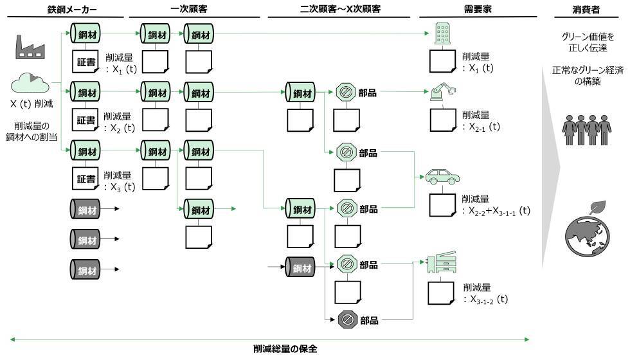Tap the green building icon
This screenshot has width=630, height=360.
point(442,32)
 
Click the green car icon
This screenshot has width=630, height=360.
point(441,177)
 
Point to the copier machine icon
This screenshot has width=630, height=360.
point(441,264)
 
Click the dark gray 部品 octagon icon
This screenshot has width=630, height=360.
point(346,319)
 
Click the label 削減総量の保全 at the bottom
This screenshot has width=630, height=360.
point(285,350)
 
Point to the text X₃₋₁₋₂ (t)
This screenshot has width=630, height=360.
point(489,299)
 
